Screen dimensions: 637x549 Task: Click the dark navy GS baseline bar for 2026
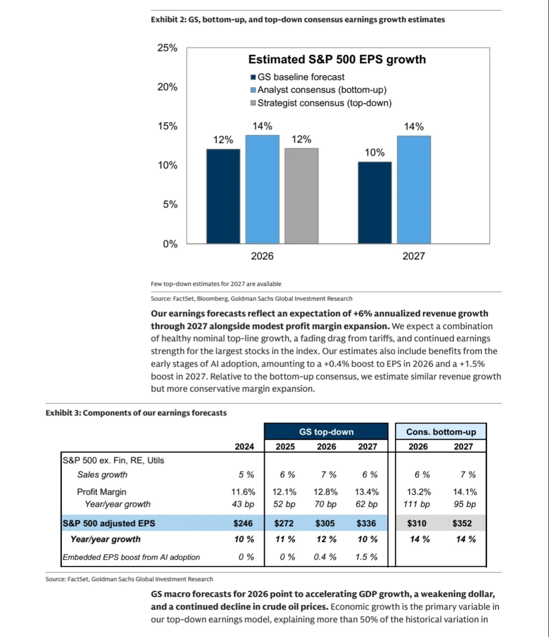(x=223, y=196)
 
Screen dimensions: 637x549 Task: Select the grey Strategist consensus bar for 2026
(x=301, y=196)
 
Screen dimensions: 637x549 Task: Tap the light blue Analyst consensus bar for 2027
(x=414, y=190)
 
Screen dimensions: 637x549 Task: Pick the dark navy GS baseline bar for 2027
(x=375, y=202)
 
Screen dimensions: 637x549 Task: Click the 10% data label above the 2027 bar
(x=375, y=153)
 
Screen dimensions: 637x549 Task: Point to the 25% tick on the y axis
(x=167, y=48)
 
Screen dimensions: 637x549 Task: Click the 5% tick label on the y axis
(x=170, y=204)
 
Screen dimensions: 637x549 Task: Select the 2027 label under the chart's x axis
(x=413, y=256)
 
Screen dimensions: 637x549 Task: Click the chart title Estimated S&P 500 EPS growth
(x=337, y=59)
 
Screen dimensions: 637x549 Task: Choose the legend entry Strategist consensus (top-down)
(x=324, y=103)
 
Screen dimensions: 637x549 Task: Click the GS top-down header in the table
(x=326, y=432)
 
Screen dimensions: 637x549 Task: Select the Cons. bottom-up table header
(x=441, y=432)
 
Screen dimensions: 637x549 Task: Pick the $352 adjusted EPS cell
(x=462, y=523)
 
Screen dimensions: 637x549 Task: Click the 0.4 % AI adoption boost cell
(x=325, y=557)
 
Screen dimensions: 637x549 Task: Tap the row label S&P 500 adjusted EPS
(x=109, y=523)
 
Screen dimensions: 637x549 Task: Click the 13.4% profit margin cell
(x=367, y=492)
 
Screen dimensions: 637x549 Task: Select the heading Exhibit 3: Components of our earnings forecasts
(x=136, y=413)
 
